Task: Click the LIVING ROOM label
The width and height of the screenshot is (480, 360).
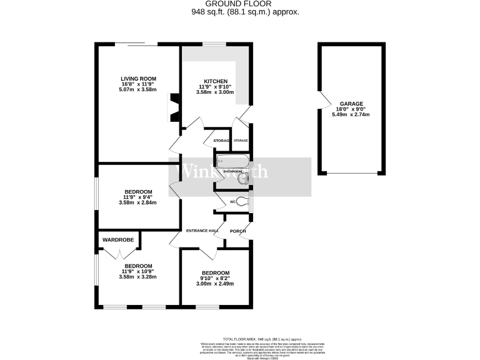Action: tap(137, 79)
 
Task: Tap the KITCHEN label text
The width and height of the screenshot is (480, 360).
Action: tap(215, 81)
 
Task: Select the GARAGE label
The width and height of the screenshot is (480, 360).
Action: tap(351, 104)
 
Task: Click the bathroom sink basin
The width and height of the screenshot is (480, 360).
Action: tap(243, 180)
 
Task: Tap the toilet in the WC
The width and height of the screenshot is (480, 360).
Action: tap(240, 202)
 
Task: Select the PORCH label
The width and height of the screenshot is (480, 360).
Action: tap(237, 231)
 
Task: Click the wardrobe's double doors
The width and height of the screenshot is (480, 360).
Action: tap(118, 253)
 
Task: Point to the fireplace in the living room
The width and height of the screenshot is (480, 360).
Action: tap(174, 107)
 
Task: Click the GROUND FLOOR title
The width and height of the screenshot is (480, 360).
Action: tap(240, 4)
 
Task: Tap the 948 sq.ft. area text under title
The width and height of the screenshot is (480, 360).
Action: tap(240, 11)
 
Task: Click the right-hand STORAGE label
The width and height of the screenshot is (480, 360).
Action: tap(241, 141)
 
